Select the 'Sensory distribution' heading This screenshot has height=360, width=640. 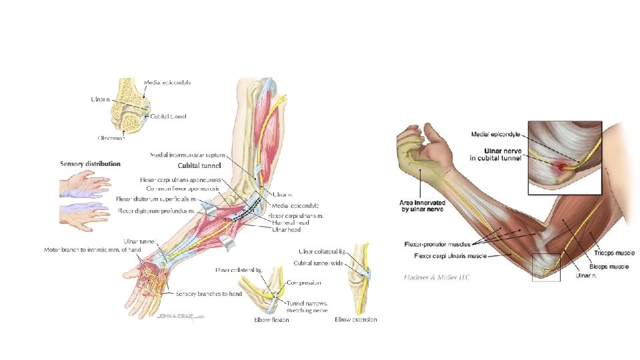click(x=90, y=163)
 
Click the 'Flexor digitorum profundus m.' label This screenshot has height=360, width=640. click(x=156, y=211)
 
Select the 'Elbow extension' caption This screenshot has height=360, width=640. click(x=356, y=320)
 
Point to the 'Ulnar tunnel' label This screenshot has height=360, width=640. click(x=139, y=241)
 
